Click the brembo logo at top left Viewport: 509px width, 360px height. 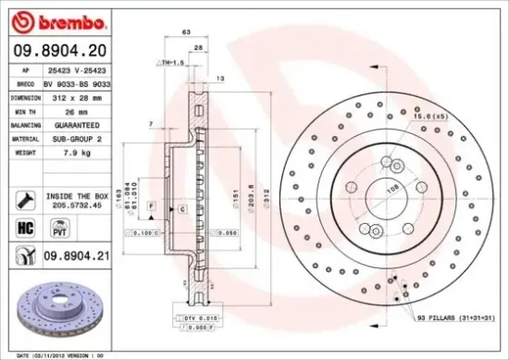click(x=55, y=20)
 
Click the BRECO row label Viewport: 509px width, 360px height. click(x=26, y=82)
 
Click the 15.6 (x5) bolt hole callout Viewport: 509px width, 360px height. click(x=431, y=117)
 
